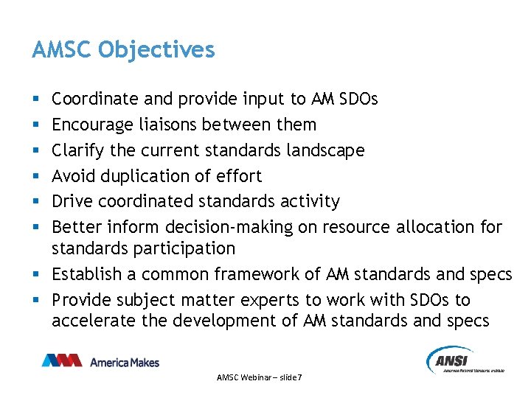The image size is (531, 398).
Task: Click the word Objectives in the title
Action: point(156,50)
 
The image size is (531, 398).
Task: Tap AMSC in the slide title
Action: point(63,50)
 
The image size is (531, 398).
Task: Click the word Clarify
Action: point(77,150)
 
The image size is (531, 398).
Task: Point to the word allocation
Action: point(435,227)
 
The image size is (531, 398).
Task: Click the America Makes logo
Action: point(100,361)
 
